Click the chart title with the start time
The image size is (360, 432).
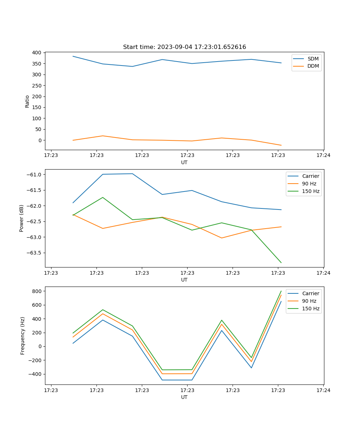pyautogui.click(x=184, y=47)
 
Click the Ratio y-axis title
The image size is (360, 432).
pyautogui.click(x=27, y=101)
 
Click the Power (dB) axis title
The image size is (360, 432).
pyautogui.click(x=22, y=218)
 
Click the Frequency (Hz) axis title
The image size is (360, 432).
pyautogui.click(x=23, y=336)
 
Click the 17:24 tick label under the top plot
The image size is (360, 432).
pyautogui.click(x=323, y=156)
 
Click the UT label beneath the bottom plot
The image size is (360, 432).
pyautogui.click(x=184, y=397)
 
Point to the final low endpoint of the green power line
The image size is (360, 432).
pyautogui.click(x=281, y=263)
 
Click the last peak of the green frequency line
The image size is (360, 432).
pyautogui.click(x=281, y=291)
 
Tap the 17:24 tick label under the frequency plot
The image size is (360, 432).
pyautogui.click(x=323, y=390)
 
